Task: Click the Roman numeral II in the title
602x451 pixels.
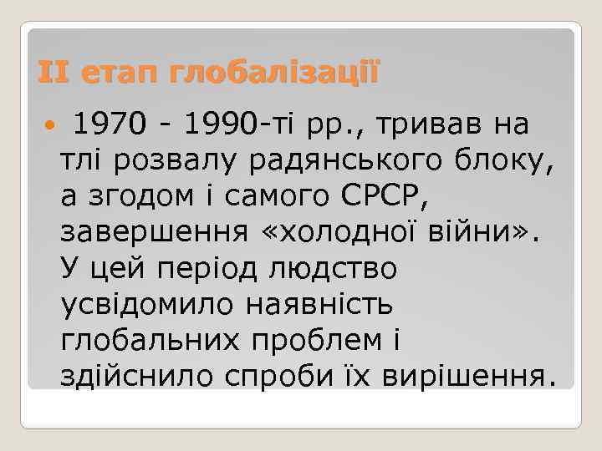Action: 54,73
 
